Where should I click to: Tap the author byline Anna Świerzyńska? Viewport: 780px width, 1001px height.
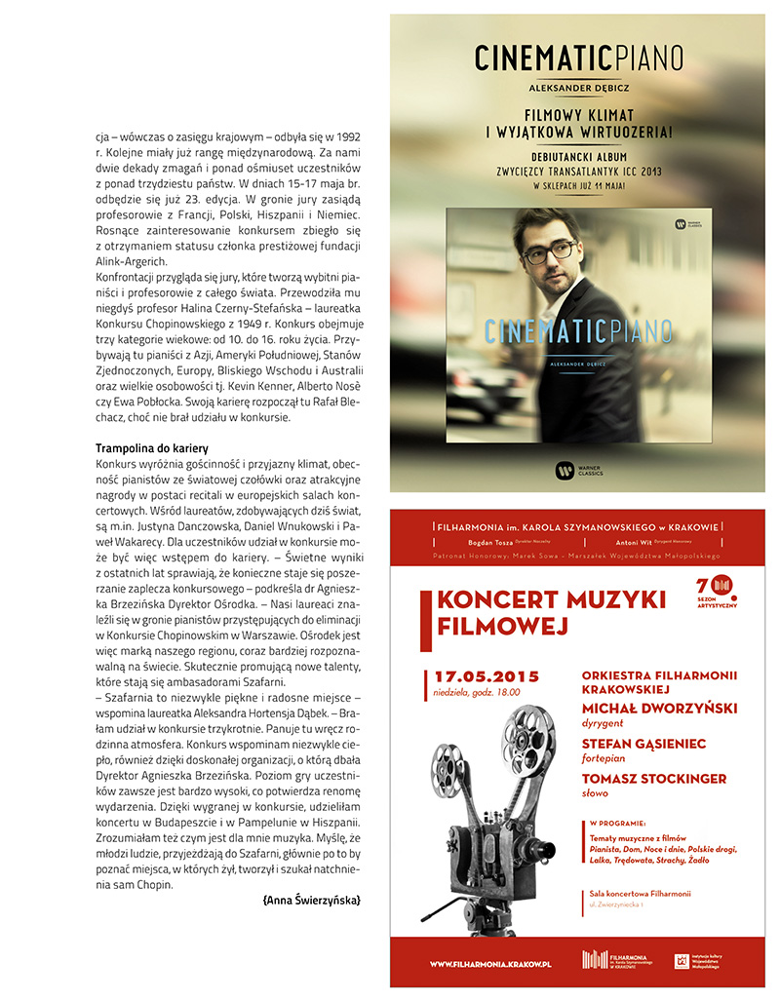[311, 901]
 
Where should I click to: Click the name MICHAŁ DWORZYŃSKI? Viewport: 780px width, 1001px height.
[659, 708]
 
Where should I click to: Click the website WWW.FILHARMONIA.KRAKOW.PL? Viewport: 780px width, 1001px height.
[490, 963]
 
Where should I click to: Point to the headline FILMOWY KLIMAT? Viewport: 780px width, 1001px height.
[577, 113]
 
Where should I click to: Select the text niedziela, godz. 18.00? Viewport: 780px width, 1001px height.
[478, 693]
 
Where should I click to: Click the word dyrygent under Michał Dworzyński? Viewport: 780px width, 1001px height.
[603, 724]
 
